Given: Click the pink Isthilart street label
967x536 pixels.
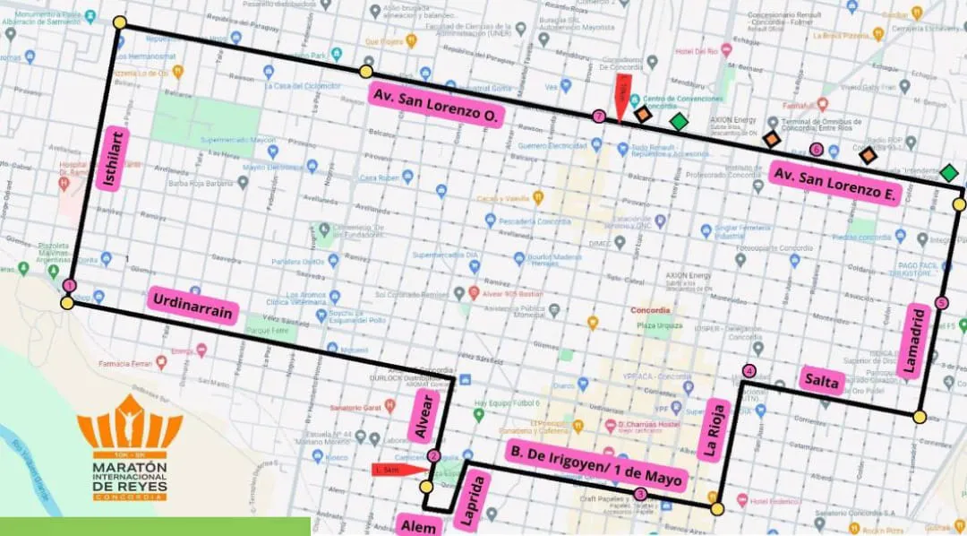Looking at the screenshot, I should pos(113,158).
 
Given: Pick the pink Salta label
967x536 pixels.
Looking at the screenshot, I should pos(822,381).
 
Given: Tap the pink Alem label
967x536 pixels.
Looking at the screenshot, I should pos(419,525).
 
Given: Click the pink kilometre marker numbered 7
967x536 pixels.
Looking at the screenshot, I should pos(598,116).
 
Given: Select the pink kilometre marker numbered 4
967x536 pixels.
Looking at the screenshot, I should pos(749,371).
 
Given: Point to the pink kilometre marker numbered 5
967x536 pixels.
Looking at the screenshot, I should pos(940,303).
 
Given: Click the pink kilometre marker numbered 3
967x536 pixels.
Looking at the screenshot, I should pos(639,494).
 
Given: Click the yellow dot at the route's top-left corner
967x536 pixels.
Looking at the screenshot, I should pos(120,22).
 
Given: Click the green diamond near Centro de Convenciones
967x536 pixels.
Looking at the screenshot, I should pos(679,121).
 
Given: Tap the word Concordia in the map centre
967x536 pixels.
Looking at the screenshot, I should pos(651,309).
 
